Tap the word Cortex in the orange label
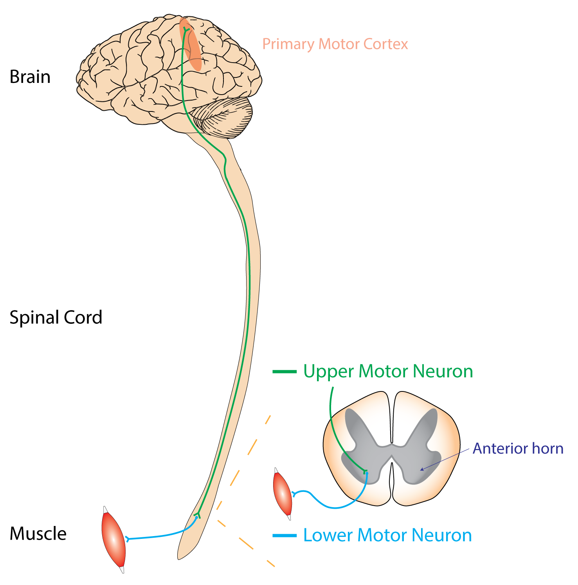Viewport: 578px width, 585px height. pyautogui.click(x=385, y=44)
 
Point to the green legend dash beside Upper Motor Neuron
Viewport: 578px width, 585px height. pyautogui.click(x=284, y=371)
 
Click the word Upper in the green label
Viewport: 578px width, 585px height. pyautogui.click(x=328, y=371)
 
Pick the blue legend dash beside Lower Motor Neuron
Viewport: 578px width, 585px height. pyautogui.click(x=284, y=535)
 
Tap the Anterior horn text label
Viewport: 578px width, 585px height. pyautogui.click(x=518, y=448)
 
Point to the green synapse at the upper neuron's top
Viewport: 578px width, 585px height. pyautogui.click(x=186, y=30)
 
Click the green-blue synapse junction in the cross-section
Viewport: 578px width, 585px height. pyautogui.click(x=366, y=472)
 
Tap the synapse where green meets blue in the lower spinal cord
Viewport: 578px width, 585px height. pyautogui.click(x=197, y=516)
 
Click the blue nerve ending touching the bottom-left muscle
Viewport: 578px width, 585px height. pyautogui.click(x=127, y=539)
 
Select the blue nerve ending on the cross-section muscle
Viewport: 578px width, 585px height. pyautogui.click(x=294, y=494)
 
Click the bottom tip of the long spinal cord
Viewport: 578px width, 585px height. pyautogui.click(x=180, y=557)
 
